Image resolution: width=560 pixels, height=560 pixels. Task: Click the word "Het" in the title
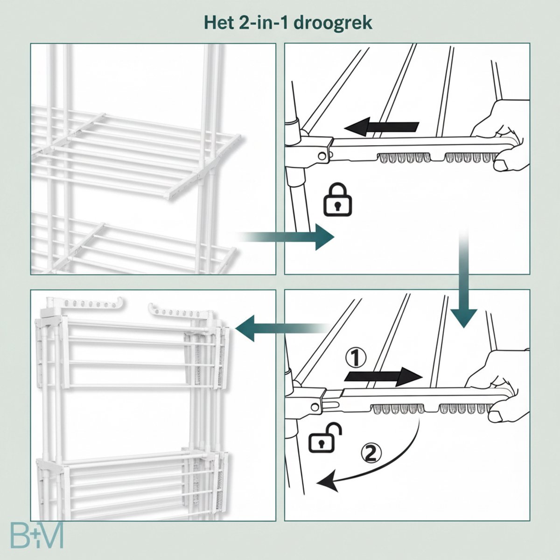tap(218, 23)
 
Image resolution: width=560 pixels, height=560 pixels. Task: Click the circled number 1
tap(356, 358)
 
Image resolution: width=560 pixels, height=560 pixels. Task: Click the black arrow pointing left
tap(381, 127)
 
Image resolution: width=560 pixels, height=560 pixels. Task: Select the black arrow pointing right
tap(383, 377)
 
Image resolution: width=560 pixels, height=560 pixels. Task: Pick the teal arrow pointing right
tap(286, 237)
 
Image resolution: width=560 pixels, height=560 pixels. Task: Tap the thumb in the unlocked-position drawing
tap(497, 416)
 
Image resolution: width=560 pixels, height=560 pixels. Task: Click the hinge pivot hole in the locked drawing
tap(321, 156)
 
